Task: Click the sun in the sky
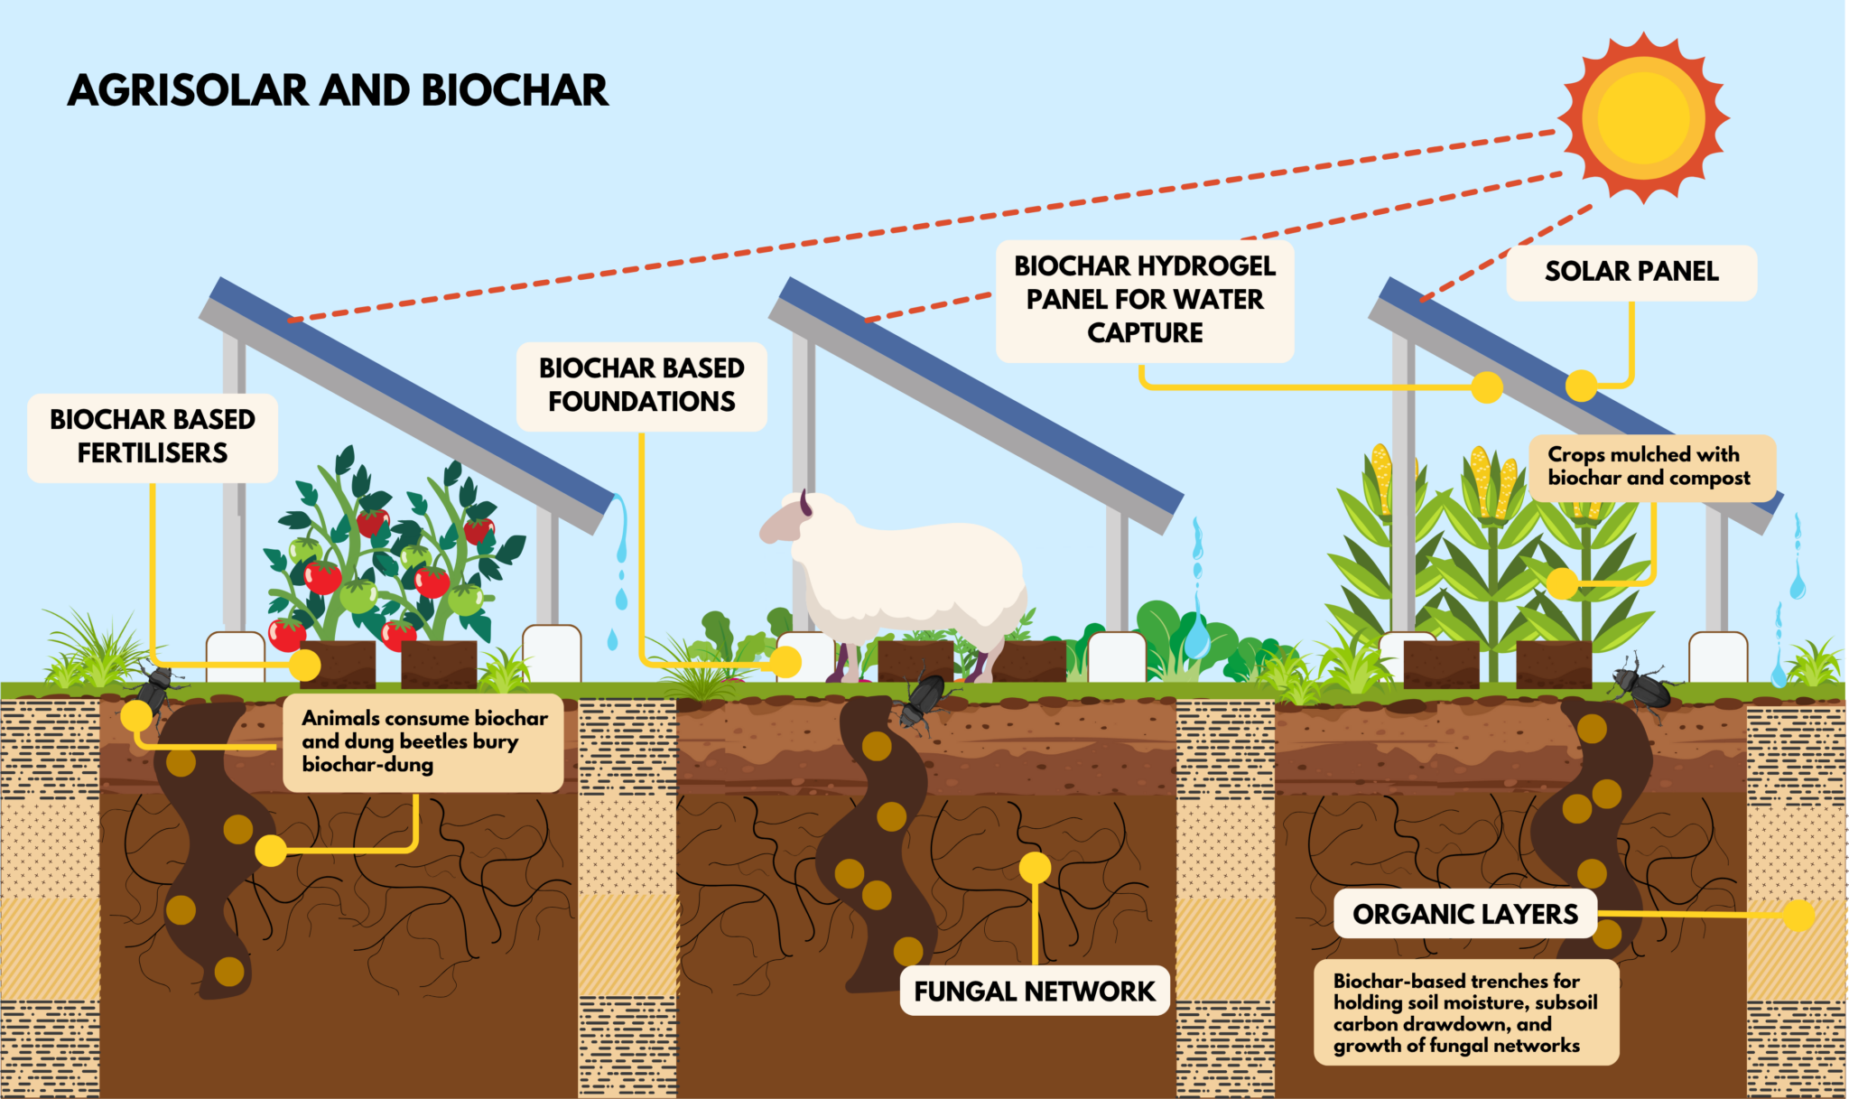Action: [1643, 117]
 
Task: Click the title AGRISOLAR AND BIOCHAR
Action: [338, 91]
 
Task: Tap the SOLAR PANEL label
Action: [1631, 272]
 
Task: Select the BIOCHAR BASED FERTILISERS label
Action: [153, 436]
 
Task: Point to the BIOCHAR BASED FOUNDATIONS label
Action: [641, 385]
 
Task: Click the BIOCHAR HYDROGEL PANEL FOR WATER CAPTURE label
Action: [1145, 300]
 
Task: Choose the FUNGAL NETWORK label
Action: [1034, 992]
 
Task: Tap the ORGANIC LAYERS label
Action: [1464, 914]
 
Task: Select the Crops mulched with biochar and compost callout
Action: [1651, 467]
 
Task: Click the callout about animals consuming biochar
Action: [423, 742]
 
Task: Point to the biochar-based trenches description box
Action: [1464, 1013]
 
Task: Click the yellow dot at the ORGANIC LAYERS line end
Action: [1798, 916]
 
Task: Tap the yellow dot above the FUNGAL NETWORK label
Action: [1035, 868]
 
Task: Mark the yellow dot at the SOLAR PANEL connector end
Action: [1581, 386]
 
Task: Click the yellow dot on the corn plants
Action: [1562, 583]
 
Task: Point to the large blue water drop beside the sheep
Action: [1197, 637]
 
